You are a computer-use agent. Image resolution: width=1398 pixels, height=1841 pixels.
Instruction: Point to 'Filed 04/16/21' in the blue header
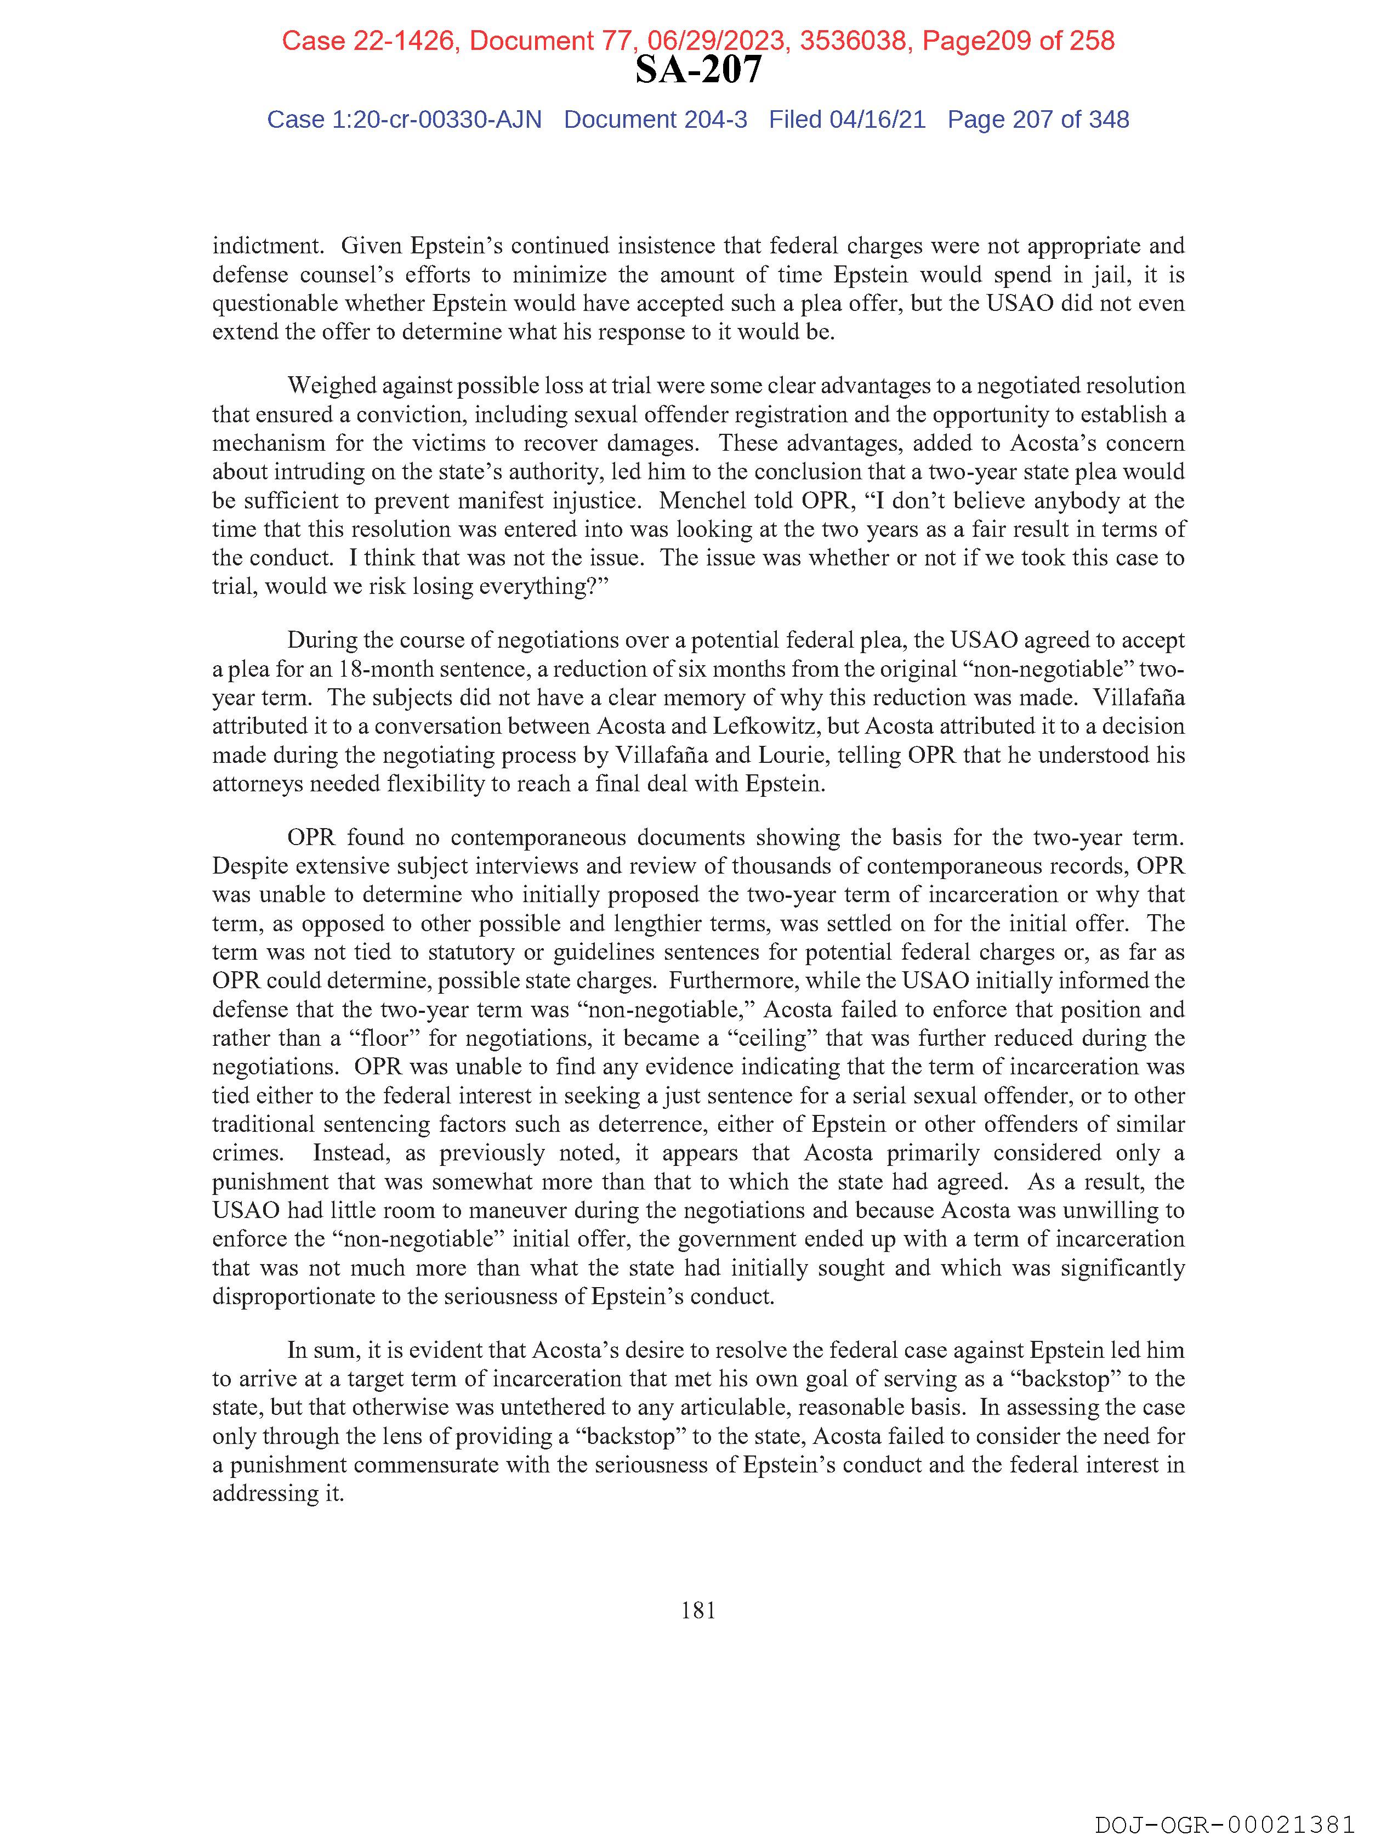[846, 120]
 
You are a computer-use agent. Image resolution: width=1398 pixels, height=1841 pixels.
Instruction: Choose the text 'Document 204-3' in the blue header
[655, 120]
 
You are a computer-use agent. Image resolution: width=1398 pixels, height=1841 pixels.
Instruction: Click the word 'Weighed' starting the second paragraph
[333, 386]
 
